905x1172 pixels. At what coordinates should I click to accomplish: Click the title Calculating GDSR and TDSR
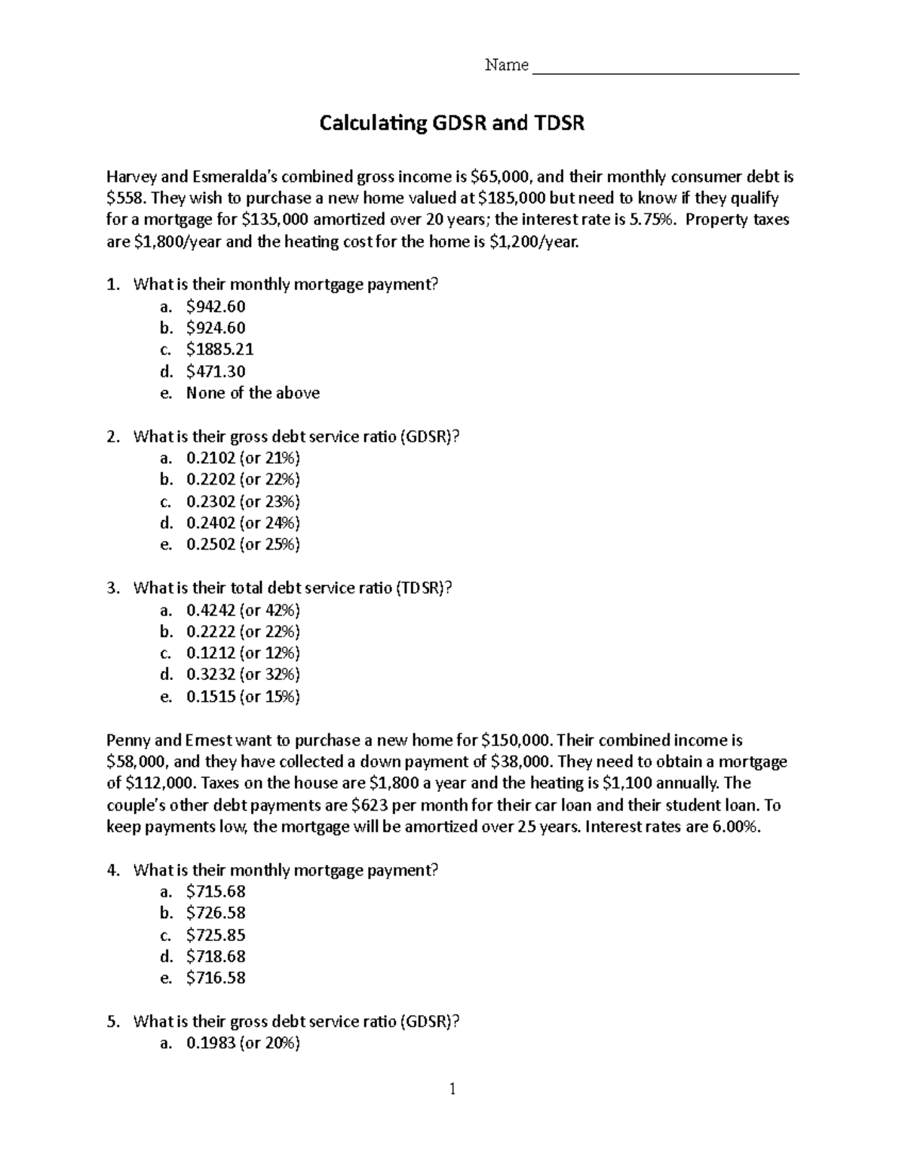[452, 122]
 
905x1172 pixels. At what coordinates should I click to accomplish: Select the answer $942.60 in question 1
[216, 306]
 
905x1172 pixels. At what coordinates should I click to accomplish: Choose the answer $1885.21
[219, 349]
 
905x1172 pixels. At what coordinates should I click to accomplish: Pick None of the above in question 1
[253, 393]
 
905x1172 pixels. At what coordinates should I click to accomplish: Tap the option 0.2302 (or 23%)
[243, 501]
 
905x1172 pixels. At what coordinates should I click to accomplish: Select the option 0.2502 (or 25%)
[243, 545]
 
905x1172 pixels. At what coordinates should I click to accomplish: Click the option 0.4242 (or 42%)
[243, 610]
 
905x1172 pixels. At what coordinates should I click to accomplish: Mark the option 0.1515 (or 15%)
[243, 697]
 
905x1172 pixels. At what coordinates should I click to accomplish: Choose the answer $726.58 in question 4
[216, 913]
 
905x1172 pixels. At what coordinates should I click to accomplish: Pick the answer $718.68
[216, 956]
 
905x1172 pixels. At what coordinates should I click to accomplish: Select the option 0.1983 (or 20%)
[243, 1044]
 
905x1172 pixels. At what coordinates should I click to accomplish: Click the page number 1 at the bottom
[452, 1089]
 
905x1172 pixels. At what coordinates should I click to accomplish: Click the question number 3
[113, 589]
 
